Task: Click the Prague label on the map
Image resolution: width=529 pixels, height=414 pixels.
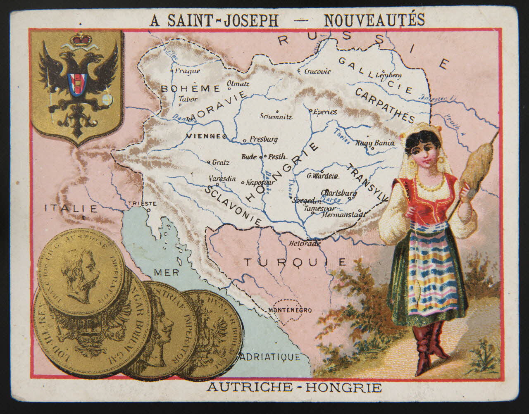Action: click(x=187, y=71)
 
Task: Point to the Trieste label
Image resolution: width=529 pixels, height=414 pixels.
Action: click(x=143, y=203)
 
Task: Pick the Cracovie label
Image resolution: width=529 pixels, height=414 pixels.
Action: click(x=317, y=71)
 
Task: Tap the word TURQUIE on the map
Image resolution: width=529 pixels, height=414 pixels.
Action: click(x=294, y=262)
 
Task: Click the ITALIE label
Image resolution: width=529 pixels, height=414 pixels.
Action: click(x=71, y=208)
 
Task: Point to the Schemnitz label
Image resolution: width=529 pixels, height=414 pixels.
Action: click(x=276, y=116)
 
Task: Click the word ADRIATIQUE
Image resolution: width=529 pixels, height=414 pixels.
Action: click(x=270, y=357)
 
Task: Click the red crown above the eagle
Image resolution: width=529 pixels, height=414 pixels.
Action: click(x=81, y=40)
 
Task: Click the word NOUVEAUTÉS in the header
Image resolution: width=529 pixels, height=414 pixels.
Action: click(x=374, y=19)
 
